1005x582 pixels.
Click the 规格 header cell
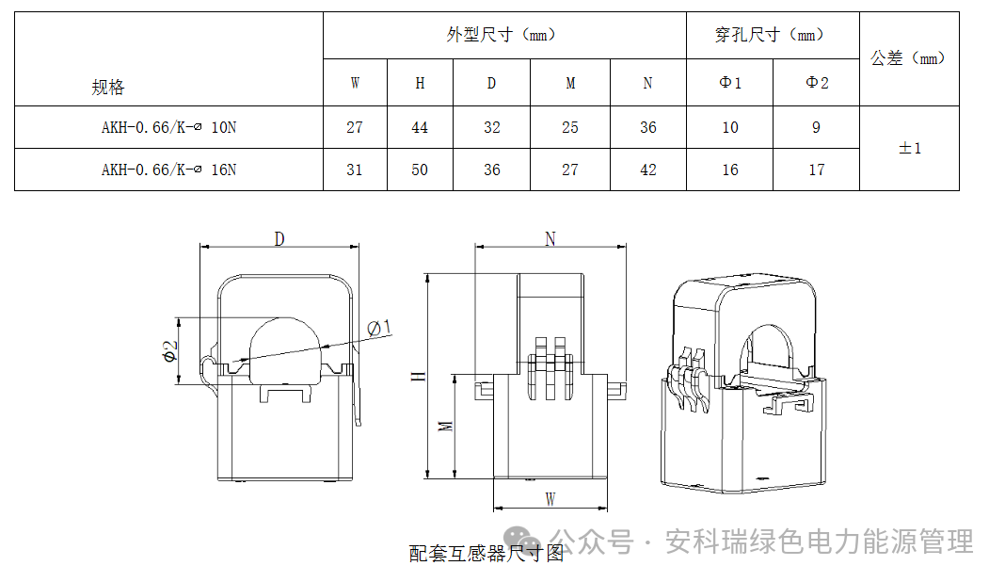click(x=108, y=88)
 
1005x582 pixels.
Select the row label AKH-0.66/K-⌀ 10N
click(x=169, y=127)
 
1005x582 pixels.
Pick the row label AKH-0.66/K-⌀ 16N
click(x=169, y=170)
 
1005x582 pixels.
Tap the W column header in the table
click(x=355, y=83)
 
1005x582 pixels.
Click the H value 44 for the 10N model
click(x=420, y=127)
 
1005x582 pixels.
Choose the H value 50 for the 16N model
click(x=420, y=170)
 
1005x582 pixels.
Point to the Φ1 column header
click(x=730, y=83)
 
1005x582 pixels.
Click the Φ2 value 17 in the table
click(x=816, y=170)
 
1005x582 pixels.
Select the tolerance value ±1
click(x=909, y=148)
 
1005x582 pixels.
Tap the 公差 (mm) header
click(x=908, y=58)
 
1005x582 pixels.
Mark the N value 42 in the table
click(x=647, y=170)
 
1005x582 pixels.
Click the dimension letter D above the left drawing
click(x=279, y=238)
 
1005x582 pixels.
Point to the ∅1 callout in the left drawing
click(x=379, y=327)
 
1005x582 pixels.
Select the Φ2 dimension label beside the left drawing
click(x=169, y=350)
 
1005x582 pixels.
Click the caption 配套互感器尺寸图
click(x=486, y=554)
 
